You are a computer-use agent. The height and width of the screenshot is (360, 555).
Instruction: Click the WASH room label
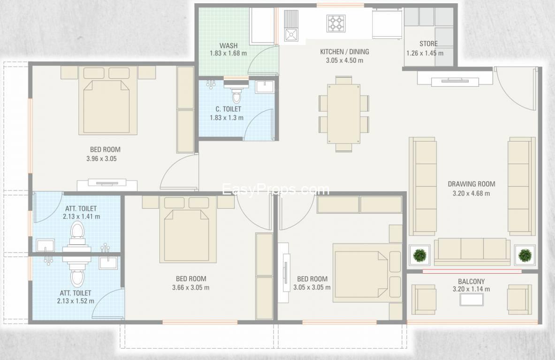[x=228, y=45]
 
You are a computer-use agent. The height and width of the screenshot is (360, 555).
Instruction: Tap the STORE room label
[x=428, y=44]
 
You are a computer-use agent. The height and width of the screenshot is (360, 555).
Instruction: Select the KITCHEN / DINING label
[x=344, y=52]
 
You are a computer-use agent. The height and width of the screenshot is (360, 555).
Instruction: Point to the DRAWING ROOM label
[x=471, y=184]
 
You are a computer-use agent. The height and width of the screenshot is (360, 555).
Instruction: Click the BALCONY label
[x=471, y=282]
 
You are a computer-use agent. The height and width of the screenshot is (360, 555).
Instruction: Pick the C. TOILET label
[x=228, y=109]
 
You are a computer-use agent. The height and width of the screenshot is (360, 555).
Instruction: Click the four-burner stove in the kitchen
[x=336, y=24]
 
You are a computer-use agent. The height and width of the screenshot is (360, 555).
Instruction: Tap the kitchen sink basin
[x=291, y=35]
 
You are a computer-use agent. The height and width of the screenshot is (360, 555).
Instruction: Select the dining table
[x=344, y=113]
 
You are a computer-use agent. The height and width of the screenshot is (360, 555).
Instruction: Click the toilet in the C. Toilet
[x=236, y=94]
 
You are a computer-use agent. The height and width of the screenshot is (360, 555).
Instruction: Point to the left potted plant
[x=420, y=255]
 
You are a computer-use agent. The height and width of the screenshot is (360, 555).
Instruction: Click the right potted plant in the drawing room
[x=525, y=255]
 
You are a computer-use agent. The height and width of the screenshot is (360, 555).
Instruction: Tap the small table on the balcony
[x=471, y=300]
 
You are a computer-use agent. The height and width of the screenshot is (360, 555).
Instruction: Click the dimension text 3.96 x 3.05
[x=101, y=159]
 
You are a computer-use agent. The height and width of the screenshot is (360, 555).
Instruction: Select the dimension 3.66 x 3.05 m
[x=191, y=287]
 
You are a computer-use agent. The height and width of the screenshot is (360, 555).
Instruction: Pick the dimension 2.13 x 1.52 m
[x=76, y=301]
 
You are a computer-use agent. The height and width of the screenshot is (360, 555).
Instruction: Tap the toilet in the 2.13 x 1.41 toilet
[x=77, y=232]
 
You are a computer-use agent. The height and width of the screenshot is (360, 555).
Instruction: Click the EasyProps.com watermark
[x=275, y=190]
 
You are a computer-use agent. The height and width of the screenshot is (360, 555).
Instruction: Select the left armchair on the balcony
[x=424, y=300]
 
